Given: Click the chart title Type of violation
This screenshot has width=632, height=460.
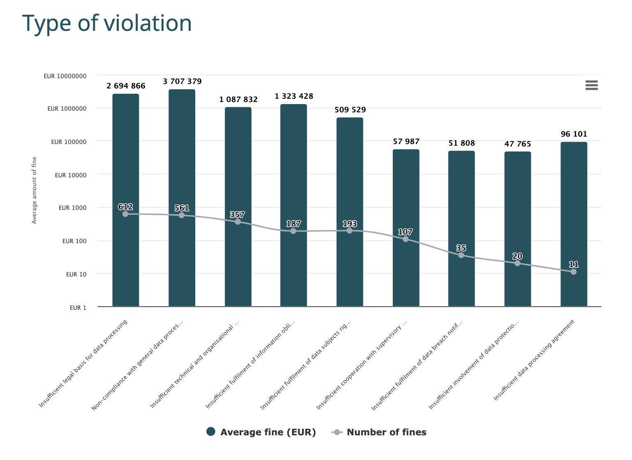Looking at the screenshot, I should (107, 23).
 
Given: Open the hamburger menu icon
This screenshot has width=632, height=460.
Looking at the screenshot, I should (591, 85).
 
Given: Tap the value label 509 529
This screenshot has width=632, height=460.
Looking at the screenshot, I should (350, 110).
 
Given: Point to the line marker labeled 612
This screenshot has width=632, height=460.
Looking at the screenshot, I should (125, 214).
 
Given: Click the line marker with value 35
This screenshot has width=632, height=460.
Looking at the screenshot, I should (461, 255).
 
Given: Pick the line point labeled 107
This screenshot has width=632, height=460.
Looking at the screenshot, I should (406, 239).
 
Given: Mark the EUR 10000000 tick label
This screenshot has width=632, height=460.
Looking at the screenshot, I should (65, 76).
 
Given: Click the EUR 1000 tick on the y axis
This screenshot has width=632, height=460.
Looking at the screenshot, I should (72, 208).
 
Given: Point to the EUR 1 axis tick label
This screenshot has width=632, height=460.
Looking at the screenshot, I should (78, 308).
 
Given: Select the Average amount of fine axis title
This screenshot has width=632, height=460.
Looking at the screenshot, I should (35, 190).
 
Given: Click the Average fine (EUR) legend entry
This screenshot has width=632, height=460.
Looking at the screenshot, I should (261, 432).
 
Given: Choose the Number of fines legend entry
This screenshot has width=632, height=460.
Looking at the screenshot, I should (379, 432).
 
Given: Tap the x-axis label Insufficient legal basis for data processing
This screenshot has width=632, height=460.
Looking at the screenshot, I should (83, 364).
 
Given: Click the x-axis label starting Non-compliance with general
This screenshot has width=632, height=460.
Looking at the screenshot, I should (137, 365).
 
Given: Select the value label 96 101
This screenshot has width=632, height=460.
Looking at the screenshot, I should (574, 134).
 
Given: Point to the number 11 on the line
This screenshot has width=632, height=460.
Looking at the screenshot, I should (573, 265).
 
